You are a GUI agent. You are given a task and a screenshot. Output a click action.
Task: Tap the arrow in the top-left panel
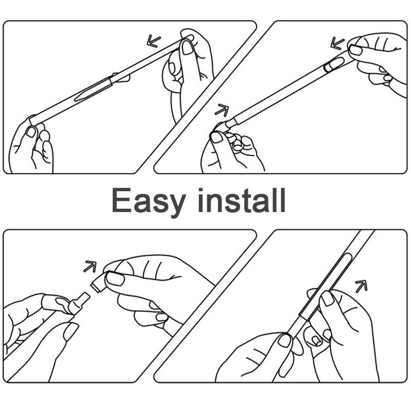coord(153,40)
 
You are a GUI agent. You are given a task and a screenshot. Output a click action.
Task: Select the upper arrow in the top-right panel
coord(338,42)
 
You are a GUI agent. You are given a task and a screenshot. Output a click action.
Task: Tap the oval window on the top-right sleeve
coord(334,64)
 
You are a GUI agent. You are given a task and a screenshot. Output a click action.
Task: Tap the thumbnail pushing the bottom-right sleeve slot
coord(327,298)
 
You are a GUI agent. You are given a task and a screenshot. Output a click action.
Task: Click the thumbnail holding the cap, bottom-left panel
coord(115,279)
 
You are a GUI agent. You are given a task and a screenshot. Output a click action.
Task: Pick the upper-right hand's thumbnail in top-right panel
coord(356,50)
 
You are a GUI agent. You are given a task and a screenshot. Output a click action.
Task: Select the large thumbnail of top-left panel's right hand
coord(188,47)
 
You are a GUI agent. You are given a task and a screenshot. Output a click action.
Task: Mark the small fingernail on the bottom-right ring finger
coord(317,340)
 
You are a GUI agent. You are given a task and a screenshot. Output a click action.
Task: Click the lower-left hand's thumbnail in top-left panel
coord(32,132)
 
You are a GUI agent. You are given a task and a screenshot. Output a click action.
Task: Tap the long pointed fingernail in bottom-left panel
coord(70,332)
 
